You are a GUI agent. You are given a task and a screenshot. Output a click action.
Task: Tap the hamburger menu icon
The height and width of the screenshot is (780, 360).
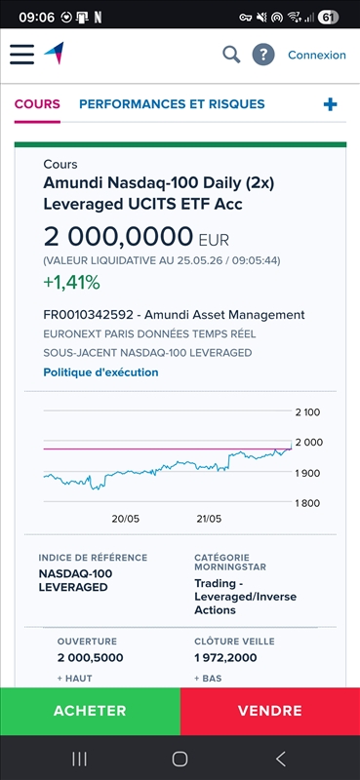21,55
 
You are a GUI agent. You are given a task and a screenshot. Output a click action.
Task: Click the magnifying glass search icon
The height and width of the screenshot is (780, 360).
231,55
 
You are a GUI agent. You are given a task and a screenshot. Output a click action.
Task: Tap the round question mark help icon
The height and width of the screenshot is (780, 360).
263,55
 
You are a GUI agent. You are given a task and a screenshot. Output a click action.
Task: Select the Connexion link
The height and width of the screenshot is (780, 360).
317,55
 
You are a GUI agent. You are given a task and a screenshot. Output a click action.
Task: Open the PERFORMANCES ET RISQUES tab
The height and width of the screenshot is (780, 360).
172,104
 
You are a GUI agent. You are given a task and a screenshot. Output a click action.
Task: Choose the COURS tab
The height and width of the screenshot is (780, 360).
37,104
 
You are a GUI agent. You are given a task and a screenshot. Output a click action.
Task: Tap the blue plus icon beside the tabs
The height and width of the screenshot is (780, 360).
330,104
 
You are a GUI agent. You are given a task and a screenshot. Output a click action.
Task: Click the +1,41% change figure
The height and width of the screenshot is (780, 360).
71,283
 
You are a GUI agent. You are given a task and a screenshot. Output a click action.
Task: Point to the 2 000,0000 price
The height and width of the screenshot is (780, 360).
118,237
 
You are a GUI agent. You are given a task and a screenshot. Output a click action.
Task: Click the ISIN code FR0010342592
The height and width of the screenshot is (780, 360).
88,315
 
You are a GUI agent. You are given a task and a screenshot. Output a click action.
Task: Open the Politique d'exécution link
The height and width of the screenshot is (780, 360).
100,372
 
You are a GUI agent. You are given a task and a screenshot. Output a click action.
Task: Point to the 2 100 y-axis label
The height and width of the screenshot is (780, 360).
307,411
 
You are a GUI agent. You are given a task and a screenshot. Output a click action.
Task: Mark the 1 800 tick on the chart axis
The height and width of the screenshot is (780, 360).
307,503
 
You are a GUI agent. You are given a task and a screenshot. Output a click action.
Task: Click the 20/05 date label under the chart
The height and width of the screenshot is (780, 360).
126,519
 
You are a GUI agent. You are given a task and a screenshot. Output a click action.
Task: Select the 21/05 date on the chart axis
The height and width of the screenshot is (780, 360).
209,519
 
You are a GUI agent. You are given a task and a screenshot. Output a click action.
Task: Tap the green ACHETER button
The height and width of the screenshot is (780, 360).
90,711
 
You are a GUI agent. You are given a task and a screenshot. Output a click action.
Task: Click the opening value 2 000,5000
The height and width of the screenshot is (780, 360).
90,657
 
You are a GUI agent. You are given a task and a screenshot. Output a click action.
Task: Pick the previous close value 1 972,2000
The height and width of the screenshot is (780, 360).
225,657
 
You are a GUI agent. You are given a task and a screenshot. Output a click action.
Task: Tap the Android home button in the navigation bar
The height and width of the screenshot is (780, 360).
180,759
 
